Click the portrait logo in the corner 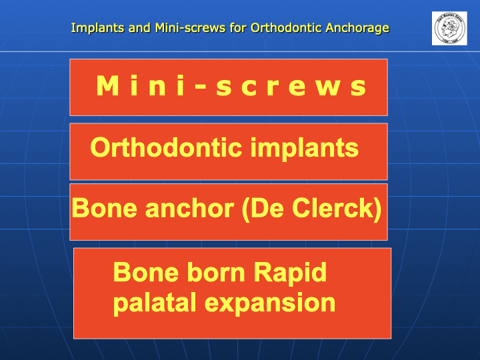[x=449, y=28]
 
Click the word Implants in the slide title [x=98, y=28]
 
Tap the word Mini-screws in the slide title [x=191, y=28]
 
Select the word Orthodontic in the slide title [x=286, y=28]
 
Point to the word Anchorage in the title [x=357, y=29]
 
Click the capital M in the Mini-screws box [x=107, y=86]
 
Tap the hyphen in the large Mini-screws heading [x=201, y=87]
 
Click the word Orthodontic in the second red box [x=166, y=147]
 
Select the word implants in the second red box [x=305, y=149]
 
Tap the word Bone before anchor [x=105, y=208]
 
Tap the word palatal [x=155, y=303]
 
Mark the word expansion [x=270, y=304]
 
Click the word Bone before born [x=146, y=272]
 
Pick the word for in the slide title [x=238, y=28]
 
